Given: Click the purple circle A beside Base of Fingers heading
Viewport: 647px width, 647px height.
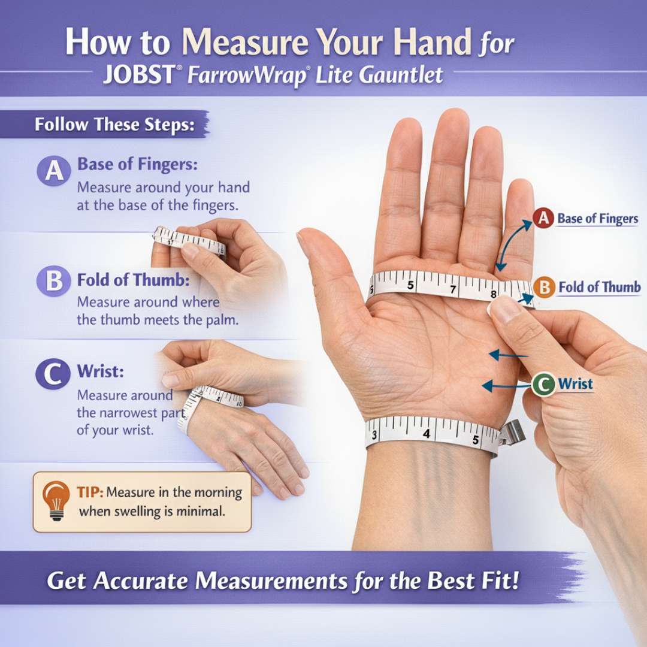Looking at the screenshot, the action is click(x=54, y=170).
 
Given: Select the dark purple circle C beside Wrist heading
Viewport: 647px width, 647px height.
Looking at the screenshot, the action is click(x=53, y=374).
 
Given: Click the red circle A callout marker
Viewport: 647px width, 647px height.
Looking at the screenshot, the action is click(x=543, y=218).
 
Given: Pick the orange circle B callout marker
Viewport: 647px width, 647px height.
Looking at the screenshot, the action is click(x=545, y=287).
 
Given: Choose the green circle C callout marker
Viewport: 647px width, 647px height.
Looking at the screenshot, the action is click(x=543, y=385).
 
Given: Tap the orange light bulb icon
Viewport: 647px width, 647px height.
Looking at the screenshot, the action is click(x=56, y=500).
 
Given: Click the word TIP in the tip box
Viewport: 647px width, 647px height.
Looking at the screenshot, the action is click(x=89, y=492).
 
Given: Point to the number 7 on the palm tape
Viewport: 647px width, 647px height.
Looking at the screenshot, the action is click(x=453, y=289).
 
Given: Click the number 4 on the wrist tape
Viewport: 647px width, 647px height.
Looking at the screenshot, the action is click(x=427, y=433).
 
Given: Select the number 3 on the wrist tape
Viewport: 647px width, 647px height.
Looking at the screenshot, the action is click(x=374, y=434).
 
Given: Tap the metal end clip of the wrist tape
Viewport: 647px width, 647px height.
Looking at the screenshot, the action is click(x=512, y=433).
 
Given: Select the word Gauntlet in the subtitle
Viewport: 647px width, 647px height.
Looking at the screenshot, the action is click(x=401, y=75).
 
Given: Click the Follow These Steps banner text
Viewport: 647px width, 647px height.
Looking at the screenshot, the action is click(x=114, y=124).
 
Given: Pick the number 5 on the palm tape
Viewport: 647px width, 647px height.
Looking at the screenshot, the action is click(x=410, y=285).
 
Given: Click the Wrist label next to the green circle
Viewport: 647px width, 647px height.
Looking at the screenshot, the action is click(x=575, y=384).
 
